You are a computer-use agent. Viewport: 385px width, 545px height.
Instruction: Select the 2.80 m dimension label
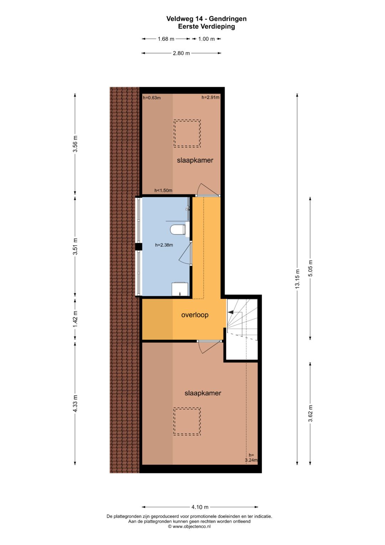(x=181, y=53)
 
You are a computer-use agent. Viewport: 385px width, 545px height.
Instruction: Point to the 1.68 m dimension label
(x=166, y=39)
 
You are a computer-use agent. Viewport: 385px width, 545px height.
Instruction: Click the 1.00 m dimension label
(x=207, y=39)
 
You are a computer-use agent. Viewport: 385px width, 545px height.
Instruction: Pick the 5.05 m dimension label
(x=310, y=268)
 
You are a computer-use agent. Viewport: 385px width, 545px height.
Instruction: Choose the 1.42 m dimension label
(x=75, y=319)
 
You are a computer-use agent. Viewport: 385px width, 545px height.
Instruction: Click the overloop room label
(x=195, y=315)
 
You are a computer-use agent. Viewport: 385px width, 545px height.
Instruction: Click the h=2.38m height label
(x=164, y=245)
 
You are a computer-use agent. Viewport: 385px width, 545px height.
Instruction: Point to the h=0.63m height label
(x=152, y=98)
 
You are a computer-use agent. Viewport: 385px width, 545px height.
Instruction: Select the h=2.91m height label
(x=210, y=97)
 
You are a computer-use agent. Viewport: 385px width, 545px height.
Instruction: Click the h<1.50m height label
(x=163, y=191)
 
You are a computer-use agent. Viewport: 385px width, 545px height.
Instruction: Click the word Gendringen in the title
(x=227, y=19)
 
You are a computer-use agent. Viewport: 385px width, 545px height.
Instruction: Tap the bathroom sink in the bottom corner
(x=180, y=289)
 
